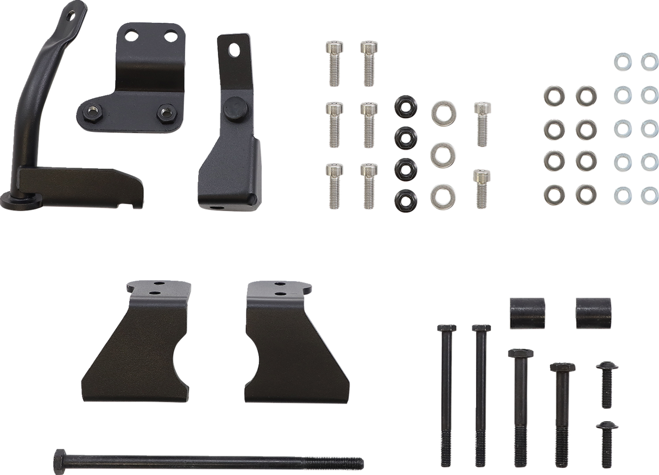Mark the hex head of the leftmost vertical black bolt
click(446, 328)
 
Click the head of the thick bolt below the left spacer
click(520, 353)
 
